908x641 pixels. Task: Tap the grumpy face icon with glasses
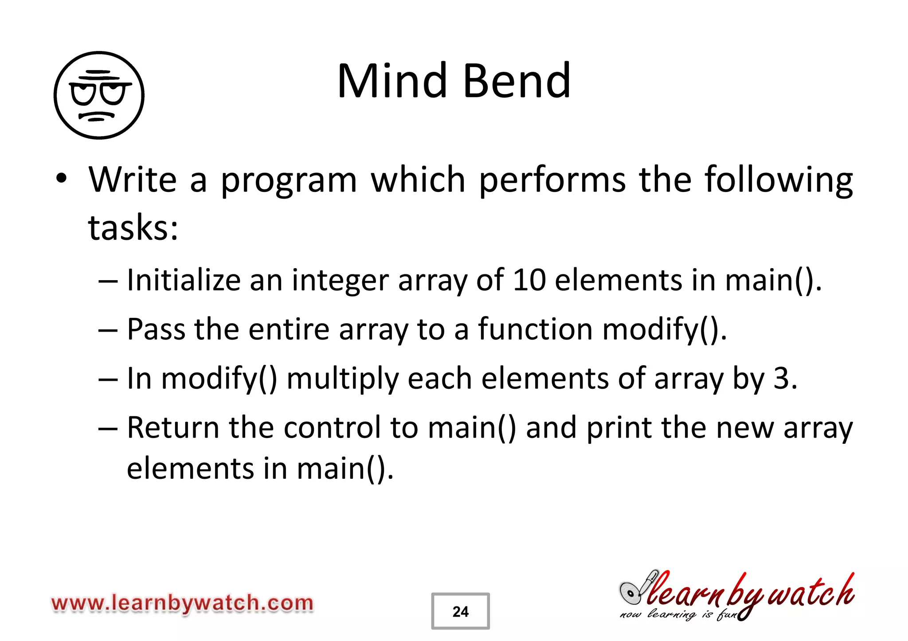99,95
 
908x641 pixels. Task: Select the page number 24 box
460,611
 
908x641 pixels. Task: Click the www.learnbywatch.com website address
182,603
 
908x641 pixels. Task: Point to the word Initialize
184,280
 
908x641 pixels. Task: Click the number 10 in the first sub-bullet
528,280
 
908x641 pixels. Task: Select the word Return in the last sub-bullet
173,428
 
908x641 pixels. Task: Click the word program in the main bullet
289,181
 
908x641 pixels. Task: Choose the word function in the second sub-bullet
535,329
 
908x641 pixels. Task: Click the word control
332,428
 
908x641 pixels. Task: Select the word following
779,180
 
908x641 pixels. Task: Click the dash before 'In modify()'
108,379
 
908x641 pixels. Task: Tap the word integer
340,281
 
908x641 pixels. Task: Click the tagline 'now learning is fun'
678,615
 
